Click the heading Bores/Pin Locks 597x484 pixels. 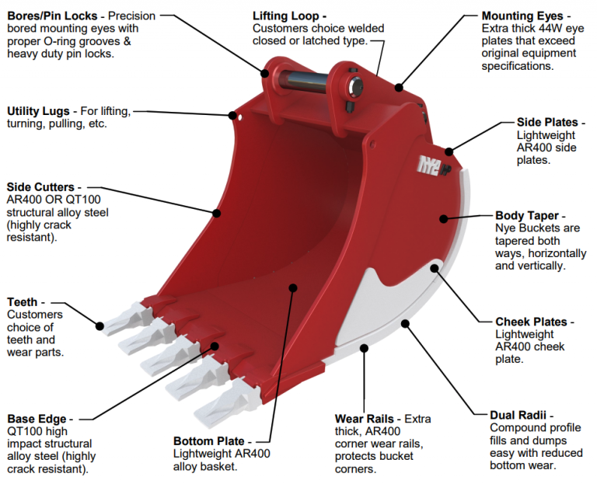coord(54,16)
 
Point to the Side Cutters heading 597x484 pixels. coord(40,186)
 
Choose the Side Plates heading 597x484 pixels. coord(546,122)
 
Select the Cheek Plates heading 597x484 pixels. coord(535,322)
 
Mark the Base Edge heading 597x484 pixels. coord(37,419)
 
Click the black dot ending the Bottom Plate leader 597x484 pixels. coord(293,287)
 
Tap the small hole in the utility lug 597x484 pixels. coord(240,119)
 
